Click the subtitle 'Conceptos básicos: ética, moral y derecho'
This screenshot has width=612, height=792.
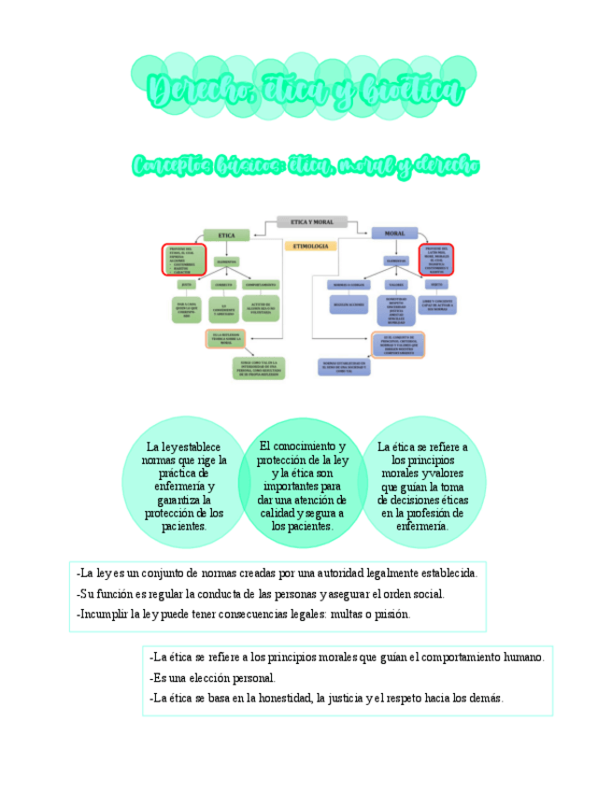coord(306,166)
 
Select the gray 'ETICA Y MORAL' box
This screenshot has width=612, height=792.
coord(312,222)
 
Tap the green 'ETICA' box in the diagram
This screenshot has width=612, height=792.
coord(226,235)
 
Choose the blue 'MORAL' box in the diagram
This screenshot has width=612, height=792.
coord(394,233)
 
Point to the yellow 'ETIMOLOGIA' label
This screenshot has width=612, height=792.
coord(310,246)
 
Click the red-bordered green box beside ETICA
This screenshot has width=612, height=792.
coord(185,259)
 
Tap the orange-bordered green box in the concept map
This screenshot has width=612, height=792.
coord(225,339)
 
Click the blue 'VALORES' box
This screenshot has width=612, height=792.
coord(395,284)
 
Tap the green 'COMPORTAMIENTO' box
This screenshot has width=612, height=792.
coord(261,284)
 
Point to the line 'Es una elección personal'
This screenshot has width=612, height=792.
coord(213,678)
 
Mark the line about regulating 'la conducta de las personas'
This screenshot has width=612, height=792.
coord(261,594)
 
